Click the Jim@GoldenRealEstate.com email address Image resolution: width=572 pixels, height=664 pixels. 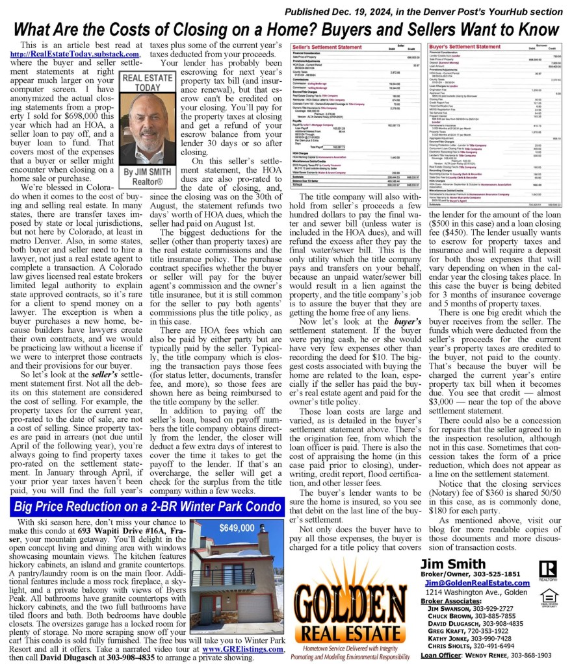click(x=477, y=583)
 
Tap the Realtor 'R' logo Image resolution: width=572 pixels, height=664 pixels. click(x=547, y=569)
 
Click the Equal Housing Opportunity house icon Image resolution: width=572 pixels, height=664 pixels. click(x=549, y=596)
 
